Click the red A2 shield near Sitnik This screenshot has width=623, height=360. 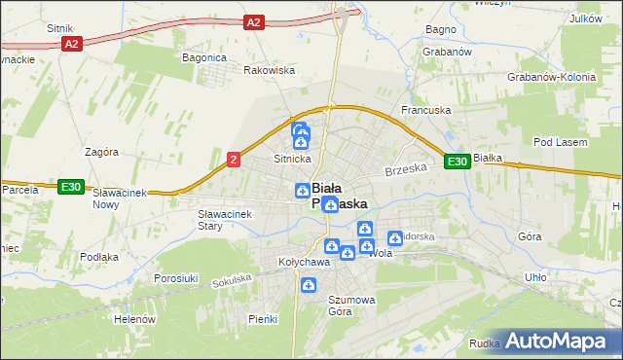click(x=70, y=44)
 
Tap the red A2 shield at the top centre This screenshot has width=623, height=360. click(x=254, y=21)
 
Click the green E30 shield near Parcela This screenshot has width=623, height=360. click(x=69, y=187)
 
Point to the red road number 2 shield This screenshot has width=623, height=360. click(x=234, y=160)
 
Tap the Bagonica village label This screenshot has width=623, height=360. click(x=204, y=57)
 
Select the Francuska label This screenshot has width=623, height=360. click(x=427, y=111)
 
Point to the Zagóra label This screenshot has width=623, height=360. click(x=101, y=152)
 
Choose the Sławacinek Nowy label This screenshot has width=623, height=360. click(x=119, y=198)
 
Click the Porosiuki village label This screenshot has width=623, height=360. click(x=176, y=278)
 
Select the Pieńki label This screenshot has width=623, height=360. click(x=263, y=319)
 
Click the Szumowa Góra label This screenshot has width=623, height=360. click(x=351, y=306)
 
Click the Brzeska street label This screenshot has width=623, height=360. click(x=407, y=168)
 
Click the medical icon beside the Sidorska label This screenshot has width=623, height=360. click(x=395, y=237)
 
